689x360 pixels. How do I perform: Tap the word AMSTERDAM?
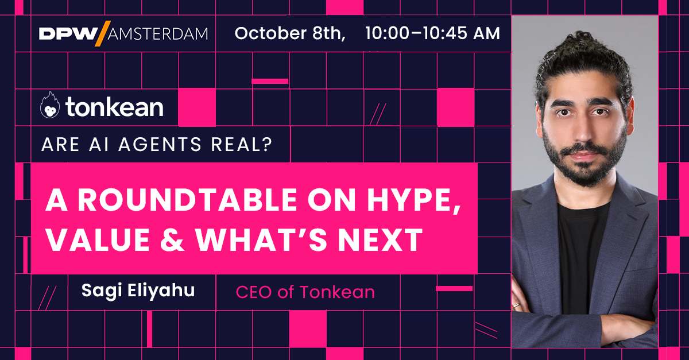156,33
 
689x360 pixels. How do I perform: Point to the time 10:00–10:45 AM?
432,33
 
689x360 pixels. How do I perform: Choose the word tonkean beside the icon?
114,107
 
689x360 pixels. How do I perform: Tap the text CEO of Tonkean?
305,292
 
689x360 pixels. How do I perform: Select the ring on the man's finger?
516,305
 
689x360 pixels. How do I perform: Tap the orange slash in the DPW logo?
99,33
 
